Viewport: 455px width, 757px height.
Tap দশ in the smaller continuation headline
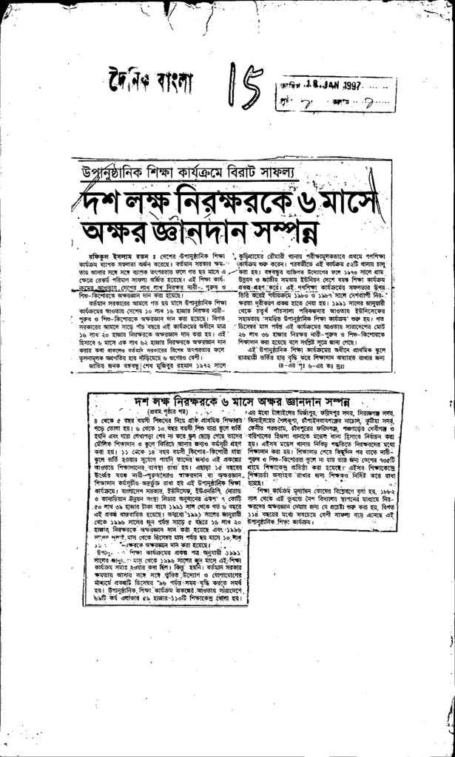coord(143,401)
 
